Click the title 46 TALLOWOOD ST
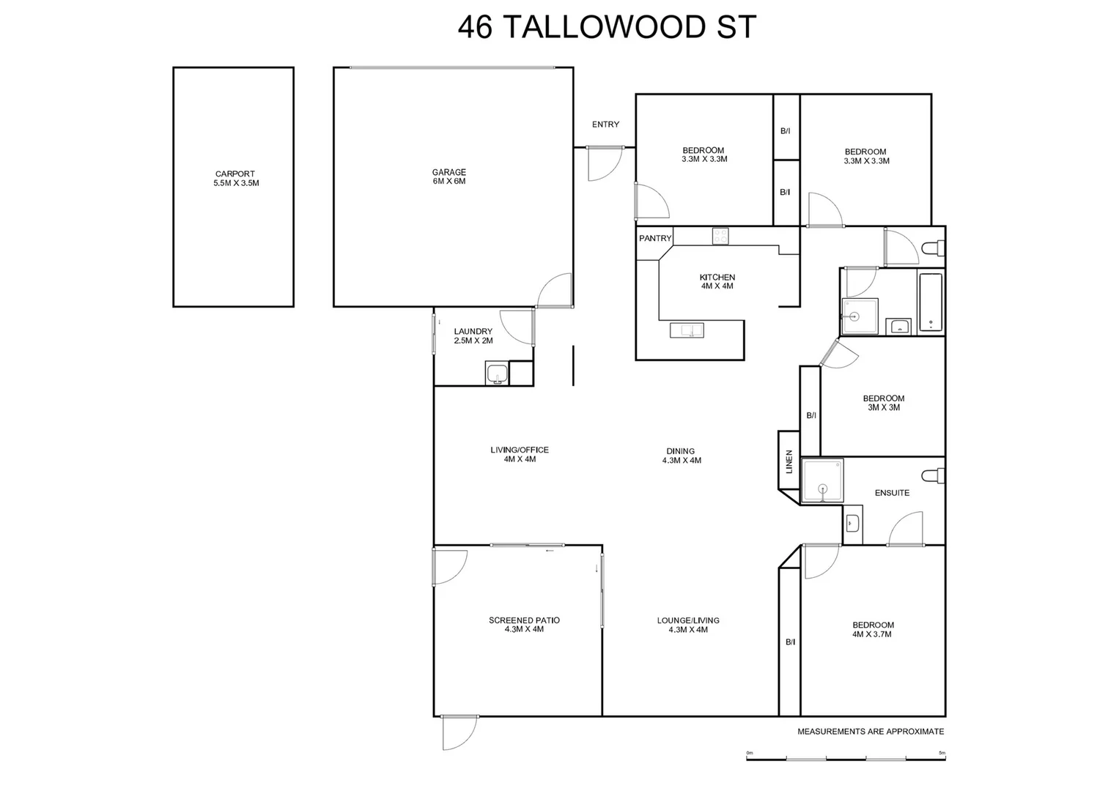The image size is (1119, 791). coord(606,27)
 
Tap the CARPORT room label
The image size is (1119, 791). coord(235,179)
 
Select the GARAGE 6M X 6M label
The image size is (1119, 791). coord(448,177)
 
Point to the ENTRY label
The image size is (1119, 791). coord(605,125)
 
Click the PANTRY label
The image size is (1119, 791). coord(654,238)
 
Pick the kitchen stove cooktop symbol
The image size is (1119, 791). coord(720,236)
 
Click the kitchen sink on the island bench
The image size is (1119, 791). coord(687,330)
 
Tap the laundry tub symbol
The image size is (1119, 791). coord(496,373)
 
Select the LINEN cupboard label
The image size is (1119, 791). coord(789,461)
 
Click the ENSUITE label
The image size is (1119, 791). coord(892,493)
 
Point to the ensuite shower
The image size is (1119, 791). coord(822,480)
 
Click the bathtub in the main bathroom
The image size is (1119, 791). coord(930,303)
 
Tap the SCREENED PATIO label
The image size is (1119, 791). coord(524,625)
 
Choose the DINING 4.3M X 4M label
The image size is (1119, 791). coord(681,456)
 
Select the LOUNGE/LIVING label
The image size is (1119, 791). coord(687,625)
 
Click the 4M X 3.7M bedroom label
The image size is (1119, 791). coord(873,630)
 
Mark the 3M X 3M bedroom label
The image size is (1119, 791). coord(883,403)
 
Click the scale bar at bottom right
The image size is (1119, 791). coord(845,757)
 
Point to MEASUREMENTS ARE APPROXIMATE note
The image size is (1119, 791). coord(871,731)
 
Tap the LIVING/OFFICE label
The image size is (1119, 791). coord(520,454)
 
